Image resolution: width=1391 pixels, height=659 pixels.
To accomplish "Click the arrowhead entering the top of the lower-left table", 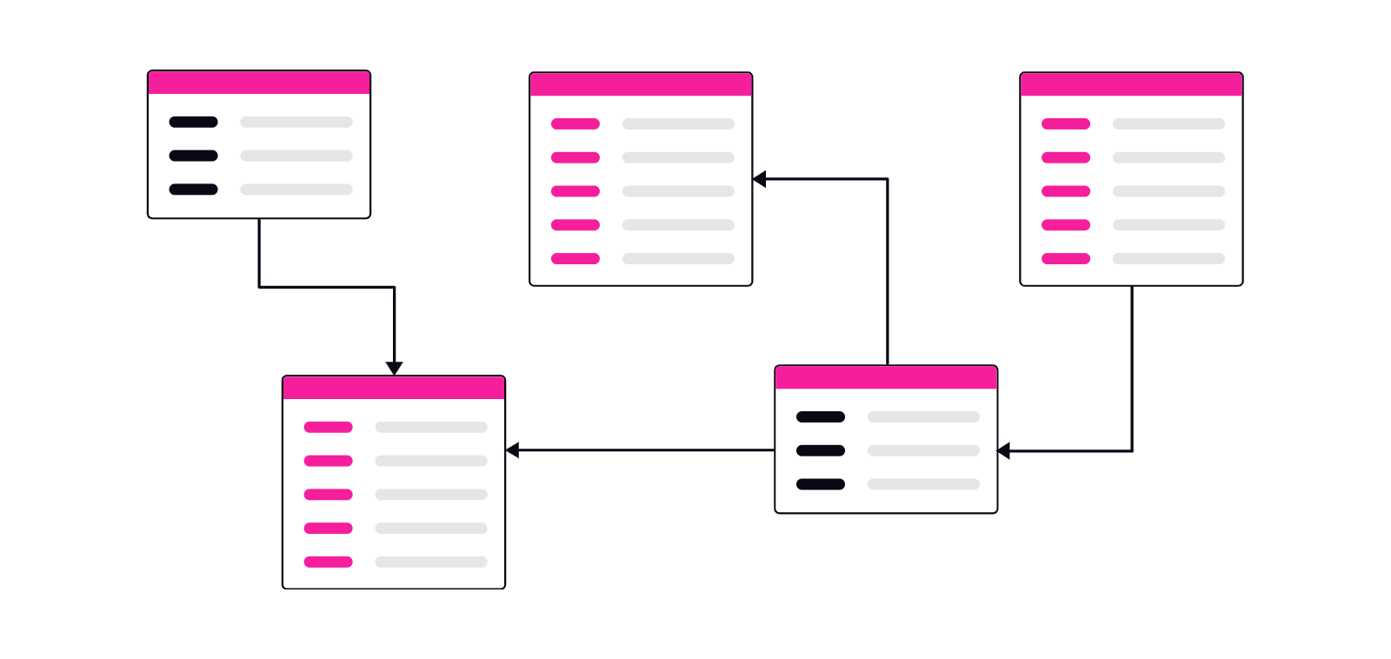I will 394,369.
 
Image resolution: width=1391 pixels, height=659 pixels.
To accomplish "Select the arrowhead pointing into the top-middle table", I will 760,179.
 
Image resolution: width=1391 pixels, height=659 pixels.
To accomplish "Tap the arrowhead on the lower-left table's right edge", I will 513,450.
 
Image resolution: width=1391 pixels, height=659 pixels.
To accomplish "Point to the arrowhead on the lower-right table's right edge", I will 1004,450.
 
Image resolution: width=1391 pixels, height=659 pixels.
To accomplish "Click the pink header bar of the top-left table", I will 259,83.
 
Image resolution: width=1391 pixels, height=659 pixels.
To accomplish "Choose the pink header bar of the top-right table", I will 1131,84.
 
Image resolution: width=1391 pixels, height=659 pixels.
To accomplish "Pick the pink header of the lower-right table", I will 886,377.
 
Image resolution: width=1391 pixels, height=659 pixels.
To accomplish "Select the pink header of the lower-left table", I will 394,388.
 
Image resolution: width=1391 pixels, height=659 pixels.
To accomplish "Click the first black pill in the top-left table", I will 193,122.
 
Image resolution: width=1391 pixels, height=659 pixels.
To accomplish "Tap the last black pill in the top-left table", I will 193,190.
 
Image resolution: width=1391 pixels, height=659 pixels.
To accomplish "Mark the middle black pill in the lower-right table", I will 821,450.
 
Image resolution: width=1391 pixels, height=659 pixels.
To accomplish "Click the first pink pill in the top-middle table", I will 576,123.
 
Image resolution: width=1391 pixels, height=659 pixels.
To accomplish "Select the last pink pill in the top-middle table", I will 576,258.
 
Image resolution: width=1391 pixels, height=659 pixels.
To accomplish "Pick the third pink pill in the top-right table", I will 1066,191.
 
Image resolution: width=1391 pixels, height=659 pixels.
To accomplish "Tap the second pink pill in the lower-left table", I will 328,461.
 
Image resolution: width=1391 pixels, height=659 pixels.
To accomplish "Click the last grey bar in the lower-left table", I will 431,562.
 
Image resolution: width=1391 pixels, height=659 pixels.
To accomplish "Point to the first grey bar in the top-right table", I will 1168,123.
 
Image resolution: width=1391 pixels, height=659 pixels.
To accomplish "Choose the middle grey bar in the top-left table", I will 296,156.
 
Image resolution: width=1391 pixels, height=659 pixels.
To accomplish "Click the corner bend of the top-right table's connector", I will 1132,450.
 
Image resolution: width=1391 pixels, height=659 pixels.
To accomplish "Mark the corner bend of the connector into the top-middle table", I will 887,179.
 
